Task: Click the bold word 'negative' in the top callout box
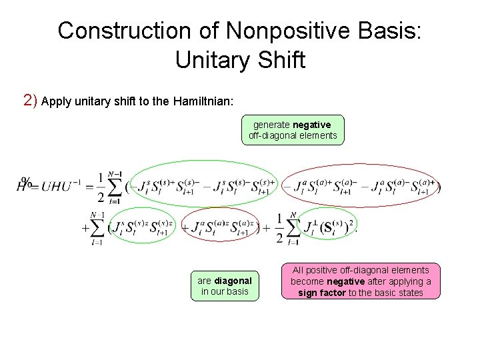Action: [311, 125]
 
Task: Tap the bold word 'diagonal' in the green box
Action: [233, 281]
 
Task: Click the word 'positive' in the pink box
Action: [326, 270]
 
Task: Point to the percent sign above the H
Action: [27, 181]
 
